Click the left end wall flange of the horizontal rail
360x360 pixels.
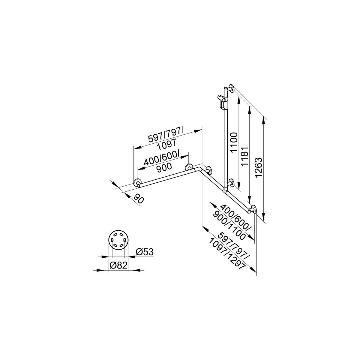coord(138,183)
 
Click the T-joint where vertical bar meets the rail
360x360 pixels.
coord(226,189)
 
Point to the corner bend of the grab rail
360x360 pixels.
coord(200,170)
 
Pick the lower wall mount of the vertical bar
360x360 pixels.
coord(231,183)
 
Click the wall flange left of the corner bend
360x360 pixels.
coord(189,167)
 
